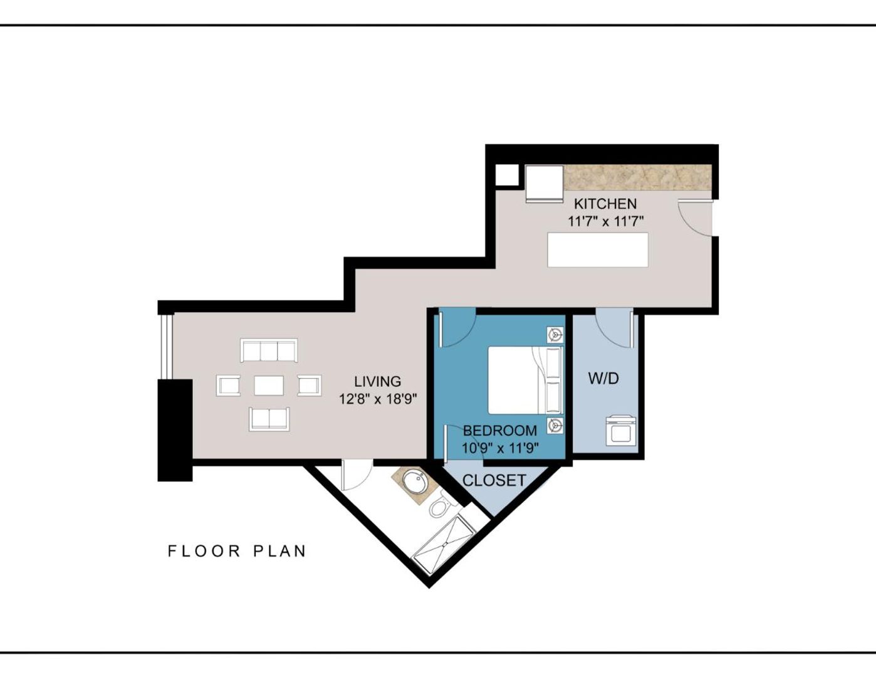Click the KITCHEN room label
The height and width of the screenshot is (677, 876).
[605, 204]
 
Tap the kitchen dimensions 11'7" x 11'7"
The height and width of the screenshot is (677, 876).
[605, 221]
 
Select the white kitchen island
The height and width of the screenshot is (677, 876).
[598, 249]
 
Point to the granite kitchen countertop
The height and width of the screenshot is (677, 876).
[637, 177]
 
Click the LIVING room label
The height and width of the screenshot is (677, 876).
[377, 381]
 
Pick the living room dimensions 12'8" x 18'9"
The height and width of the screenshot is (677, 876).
[378, 399]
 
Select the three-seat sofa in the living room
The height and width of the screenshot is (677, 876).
[269, 350]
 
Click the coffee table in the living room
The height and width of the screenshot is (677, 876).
[269, 385]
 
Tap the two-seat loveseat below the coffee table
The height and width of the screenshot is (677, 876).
[269, 418]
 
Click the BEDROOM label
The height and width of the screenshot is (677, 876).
[499, 431]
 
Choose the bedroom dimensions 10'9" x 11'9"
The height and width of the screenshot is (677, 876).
[500, 448]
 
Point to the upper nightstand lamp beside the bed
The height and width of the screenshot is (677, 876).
[555, 335]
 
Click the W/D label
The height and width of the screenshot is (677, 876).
[603, 378]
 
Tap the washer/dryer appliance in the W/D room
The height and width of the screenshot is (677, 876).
[622, 431]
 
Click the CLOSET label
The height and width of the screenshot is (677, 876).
[494, 480]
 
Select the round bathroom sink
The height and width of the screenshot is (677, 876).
[414, 482]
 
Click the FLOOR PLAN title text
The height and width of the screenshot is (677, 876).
[237, 551]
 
